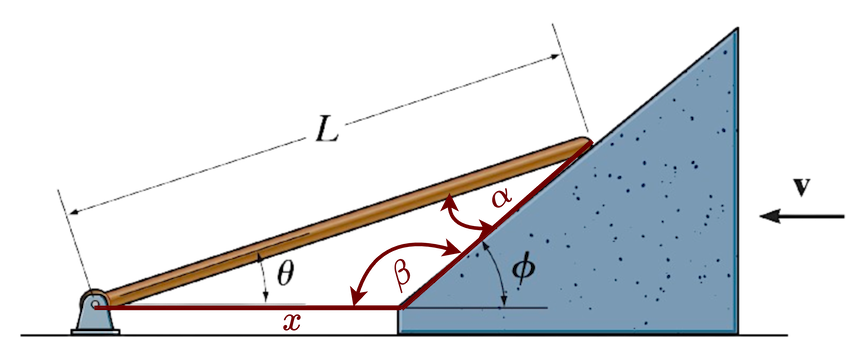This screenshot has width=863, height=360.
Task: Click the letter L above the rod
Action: [325, 130]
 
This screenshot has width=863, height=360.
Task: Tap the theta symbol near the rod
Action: [285, 273]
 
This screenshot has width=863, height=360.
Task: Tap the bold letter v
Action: [801, 186]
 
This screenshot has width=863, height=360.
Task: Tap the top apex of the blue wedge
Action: [736, 32]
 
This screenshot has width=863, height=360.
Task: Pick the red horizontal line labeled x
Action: [250, 308]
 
